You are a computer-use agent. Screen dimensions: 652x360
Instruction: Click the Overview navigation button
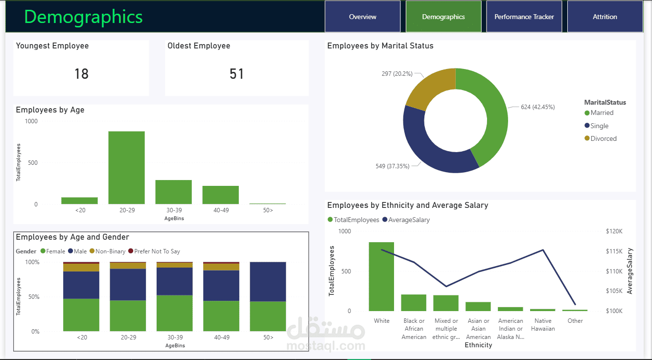(x=362, y=17)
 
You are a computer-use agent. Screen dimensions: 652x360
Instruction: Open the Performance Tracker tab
(x=524, y=17)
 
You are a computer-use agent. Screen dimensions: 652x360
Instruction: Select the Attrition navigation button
(x=605, y=17)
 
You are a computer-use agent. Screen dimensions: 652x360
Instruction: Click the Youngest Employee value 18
(x=81, y=73)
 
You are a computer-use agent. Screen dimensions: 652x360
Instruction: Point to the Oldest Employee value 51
(x=236, y=73)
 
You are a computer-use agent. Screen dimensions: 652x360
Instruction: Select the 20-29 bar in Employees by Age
(x=127, y=167)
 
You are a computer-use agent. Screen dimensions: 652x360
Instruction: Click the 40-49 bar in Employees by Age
(x=221, y=195)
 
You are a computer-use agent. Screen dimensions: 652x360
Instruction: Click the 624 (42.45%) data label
(x=537, y=107)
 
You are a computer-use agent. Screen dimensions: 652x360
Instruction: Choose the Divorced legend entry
(x=601, y=138)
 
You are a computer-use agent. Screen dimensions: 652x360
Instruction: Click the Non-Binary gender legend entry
(x=107, y=251)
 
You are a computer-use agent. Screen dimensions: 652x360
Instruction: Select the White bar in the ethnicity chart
(x=381, y=276)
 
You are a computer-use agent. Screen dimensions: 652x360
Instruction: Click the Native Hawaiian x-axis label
(x=543, y=324)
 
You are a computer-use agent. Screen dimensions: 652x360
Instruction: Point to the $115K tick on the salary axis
(x=614, y=251)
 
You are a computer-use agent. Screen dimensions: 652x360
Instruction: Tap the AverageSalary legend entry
(x=406, y=220)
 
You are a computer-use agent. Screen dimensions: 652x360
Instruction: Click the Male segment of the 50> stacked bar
(x=268, y=281)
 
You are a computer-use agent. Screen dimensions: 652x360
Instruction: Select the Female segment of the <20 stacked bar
(x=81, y=315)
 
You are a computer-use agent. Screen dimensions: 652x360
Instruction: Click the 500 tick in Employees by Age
(x=33, y=163)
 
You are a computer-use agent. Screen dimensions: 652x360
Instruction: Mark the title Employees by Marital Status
(x=380, y=46)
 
